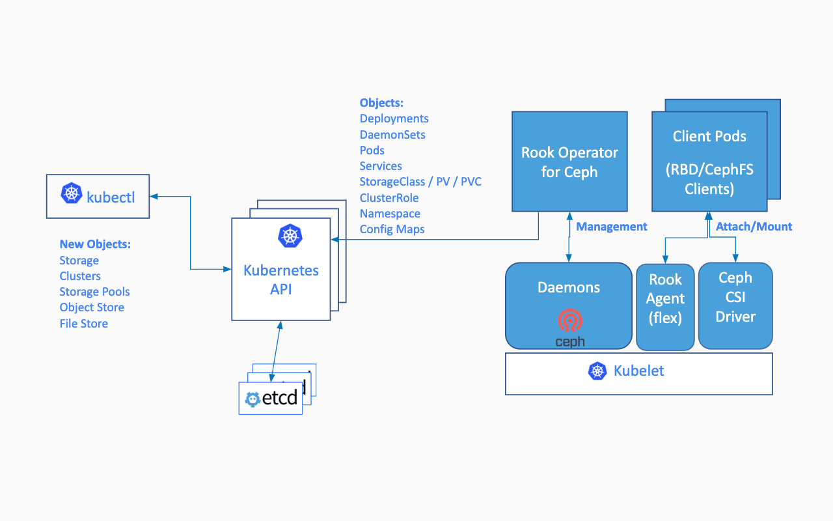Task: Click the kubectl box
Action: tap(98, 196)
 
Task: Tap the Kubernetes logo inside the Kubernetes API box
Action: tap(290, 236)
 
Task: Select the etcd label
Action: tap(279, 397)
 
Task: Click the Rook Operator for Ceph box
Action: tap(569, 162)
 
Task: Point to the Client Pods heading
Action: tap(709, 137)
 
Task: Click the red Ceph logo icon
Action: tap(570, 321)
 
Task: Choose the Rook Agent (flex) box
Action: tap(665, 306)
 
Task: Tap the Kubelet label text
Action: tap(638, 371)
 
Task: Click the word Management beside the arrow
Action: tap(612, 227)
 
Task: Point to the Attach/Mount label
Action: tap(754, 227)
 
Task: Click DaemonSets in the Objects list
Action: tap(392, 135)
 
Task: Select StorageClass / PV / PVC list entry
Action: tap(420, 182)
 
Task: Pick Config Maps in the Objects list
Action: tap(392, 229)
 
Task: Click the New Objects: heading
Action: tap(95, 244)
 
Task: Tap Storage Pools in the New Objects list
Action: tap(94, 292)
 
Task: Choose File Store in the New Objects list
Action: tap(83, 324)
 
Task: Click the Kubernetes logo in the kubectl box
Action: tap(71, 194)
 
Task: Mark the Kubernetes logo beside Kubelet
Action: tap(597, 371)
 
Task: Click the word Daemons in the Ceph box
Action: tap(569, 288)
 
